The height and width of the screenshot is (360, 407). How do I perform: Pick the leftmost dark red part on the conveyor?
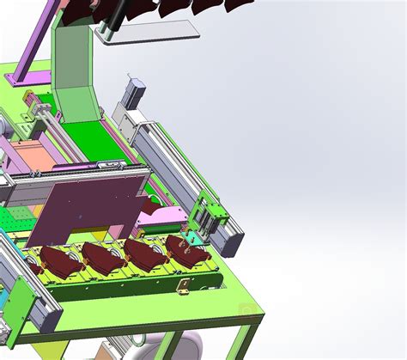[x=56, y=262]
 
